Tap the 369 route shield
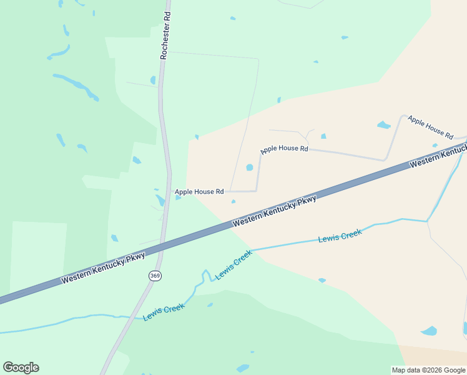tap(155, 275)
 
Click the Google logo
tap(21, 367)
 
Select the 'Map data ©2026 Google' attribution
tap(428, 370)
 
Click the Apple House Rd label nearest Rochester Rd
tap(199, 192)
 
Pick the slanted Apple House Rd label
tap(430, 126)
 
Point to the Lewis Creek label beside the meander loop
tap(233, 265)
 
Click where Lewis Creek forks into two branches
tap(428, 221)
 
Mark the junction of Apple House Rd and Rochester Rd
tap(169, 192)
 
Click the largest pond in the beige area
tap(429, 331)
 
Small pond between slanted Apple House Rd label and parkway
tap(435, 146)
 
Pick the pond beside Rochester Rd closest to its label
tap(153, 80)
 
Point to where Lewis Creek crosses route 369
tap(132, 317)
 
